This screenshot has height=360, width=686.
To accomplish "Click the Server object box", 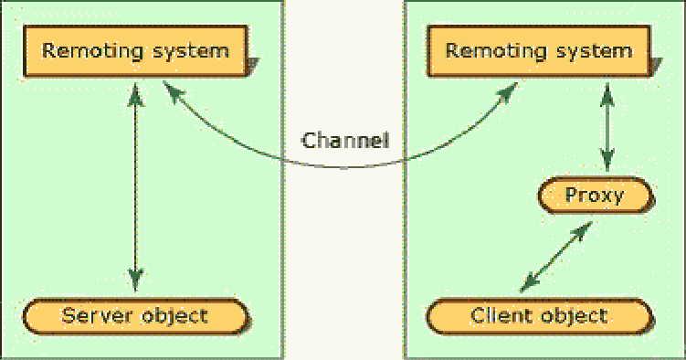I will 135,316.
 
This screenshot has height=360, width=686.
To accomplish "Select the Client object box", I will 538,316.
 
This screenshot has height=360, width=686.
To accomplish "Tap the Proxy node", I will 594,195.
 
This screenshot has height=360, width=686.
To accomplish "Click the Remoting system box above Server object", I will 136,50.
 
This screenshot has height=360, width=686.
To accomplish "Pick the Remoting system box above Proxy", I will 538,50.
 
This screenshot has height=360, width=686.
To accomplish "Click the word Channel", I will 346,141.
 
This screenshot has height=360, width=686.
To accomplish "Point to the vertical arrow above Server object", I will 135,183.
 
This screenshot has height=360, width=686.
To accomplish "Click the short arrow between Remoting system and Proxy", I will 604,128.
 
